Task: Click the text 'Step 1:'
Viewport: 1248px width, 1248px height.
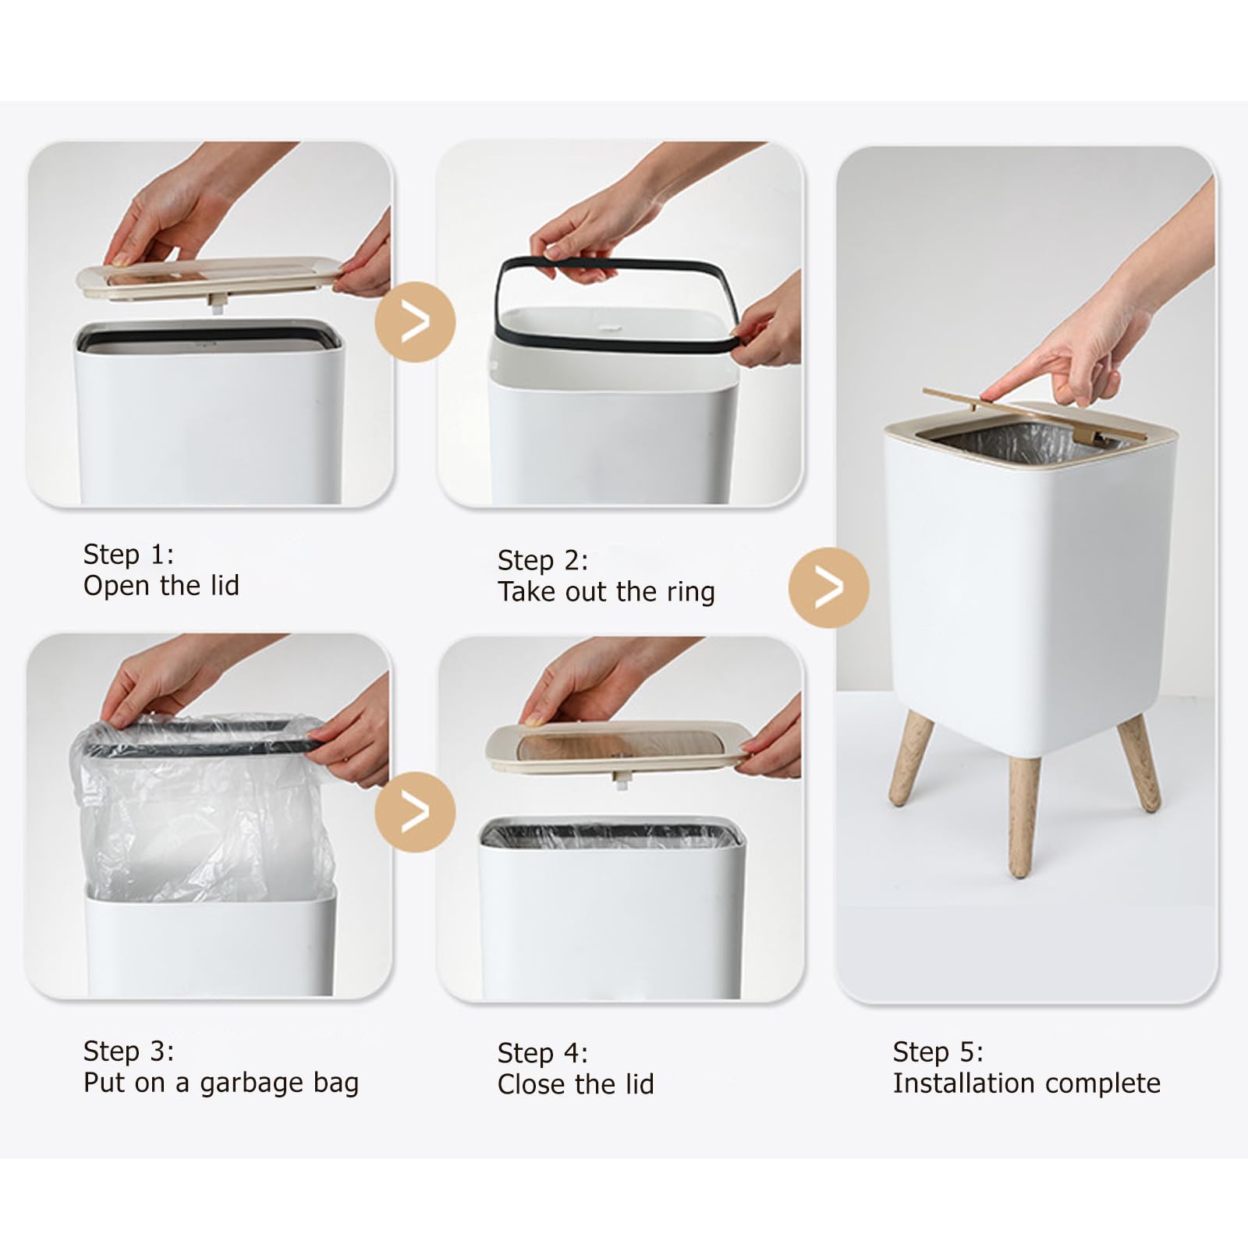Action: [x=129, y=555]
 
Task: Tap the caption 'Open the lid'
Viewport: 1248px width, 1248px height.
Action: [x=161, y=586]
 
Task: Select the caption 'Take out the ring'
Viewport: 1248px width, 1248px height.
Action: [x=606, y=592]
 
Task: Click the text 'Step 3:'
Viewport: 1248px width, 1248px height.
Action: [x=129, y=1051]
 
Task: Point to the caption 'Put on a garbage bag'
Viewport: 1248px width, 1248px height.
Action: [x=221, y=1083]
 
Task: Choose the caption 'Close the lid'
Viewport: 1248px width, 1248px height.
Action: [x=576, y=1084]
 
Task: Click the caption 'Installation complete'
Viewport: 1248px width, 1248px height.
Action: [x=1026, y=1083]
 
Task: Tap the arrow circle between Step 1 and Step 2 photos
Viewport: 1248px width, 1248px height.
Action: [x=415, y=321]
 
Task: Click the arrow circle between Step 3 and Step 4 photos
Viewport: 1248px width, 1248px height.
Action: [x=415, y=812]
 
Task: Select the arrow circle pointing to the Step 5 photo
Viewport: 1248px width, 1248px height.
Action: [x=828, y=587]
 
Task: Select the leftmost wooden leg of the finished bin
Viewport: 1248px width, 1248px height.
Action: [x=911, y=758]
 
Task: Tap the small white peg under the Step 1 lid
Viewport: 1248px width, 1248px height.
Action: [x=215, y=301]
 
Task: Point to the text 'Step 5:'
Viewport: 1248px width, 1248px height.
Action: [x=938, y=1052]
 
